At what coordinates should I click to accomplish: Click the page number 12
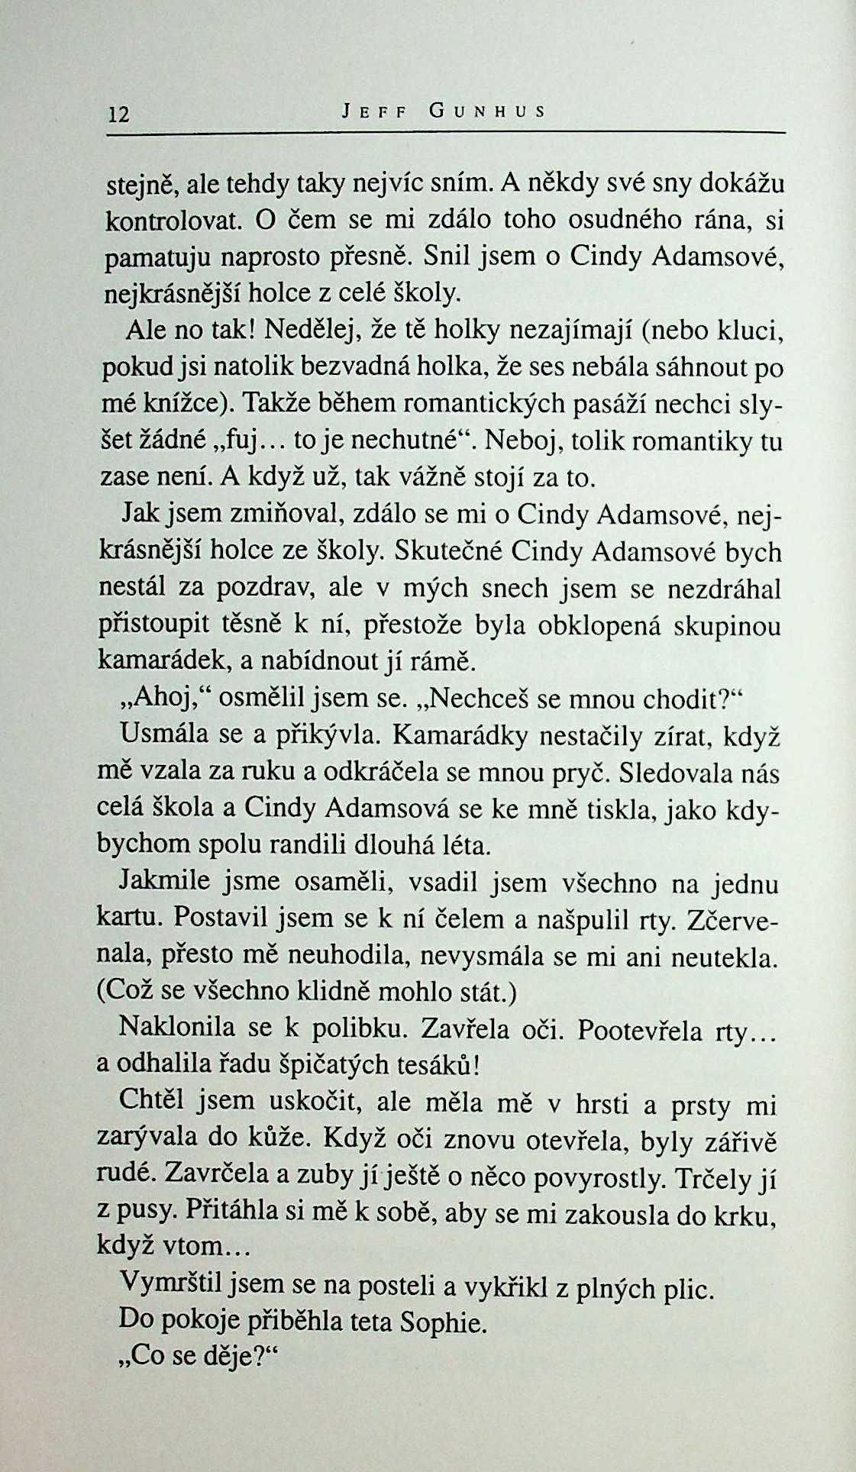coord(119,115)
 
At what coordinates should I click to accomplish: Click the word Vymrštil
coord(171,1284)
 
